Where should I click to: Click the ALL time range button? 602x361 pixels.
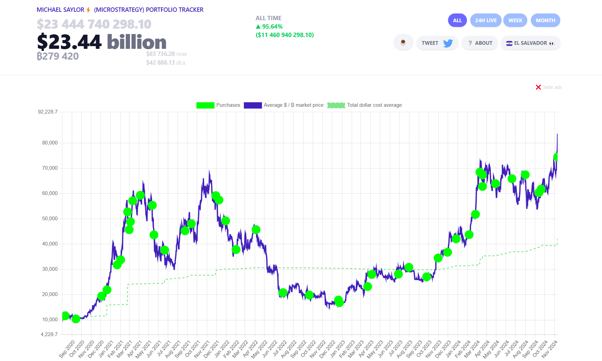pos(457,21)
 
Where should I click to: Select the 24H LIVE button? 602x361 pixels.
pos(486,21)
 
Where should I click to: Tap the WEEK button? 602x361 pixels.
pos(515,21)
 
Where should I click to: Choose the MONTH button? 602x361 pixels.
pos(545,21)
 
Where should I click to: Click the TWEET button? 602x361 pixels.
pos(437,43)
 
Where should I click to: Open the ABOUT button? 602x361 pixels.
pos(480,43)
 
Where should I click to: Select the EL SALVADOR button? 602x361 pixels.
pos(530,43)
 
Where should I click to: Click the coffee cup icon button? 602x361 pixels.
pos(403,43)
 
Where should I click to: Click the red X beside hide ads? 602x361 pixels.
pos(538,87)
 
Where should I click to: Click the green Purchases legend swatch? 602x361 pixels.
pos(205,105)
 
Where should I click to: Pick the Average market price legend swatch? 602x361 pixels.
pos(253,105)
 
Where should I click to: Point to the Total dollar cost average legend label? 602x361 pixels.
pos(374,105)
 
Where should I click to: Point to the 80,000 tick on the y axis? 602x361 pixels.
pos(50,143)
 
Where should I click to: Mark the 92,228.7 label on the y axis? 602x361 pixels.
pos(48,112)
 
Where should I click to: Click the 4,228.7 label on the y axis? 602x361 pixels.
pos(49,334)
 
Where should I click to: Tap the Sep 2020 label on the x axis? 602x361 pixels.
pos(67,349)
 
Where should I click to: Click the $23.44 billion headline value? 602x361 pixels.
pos(102,42)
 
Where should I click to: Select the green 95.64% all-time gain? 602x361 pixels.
pos(269,27)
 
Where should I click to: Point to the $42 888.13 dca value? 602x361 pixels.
pos(165,63)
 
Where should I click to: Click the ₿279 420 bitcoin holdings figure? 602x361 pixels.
pos(58,56)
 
